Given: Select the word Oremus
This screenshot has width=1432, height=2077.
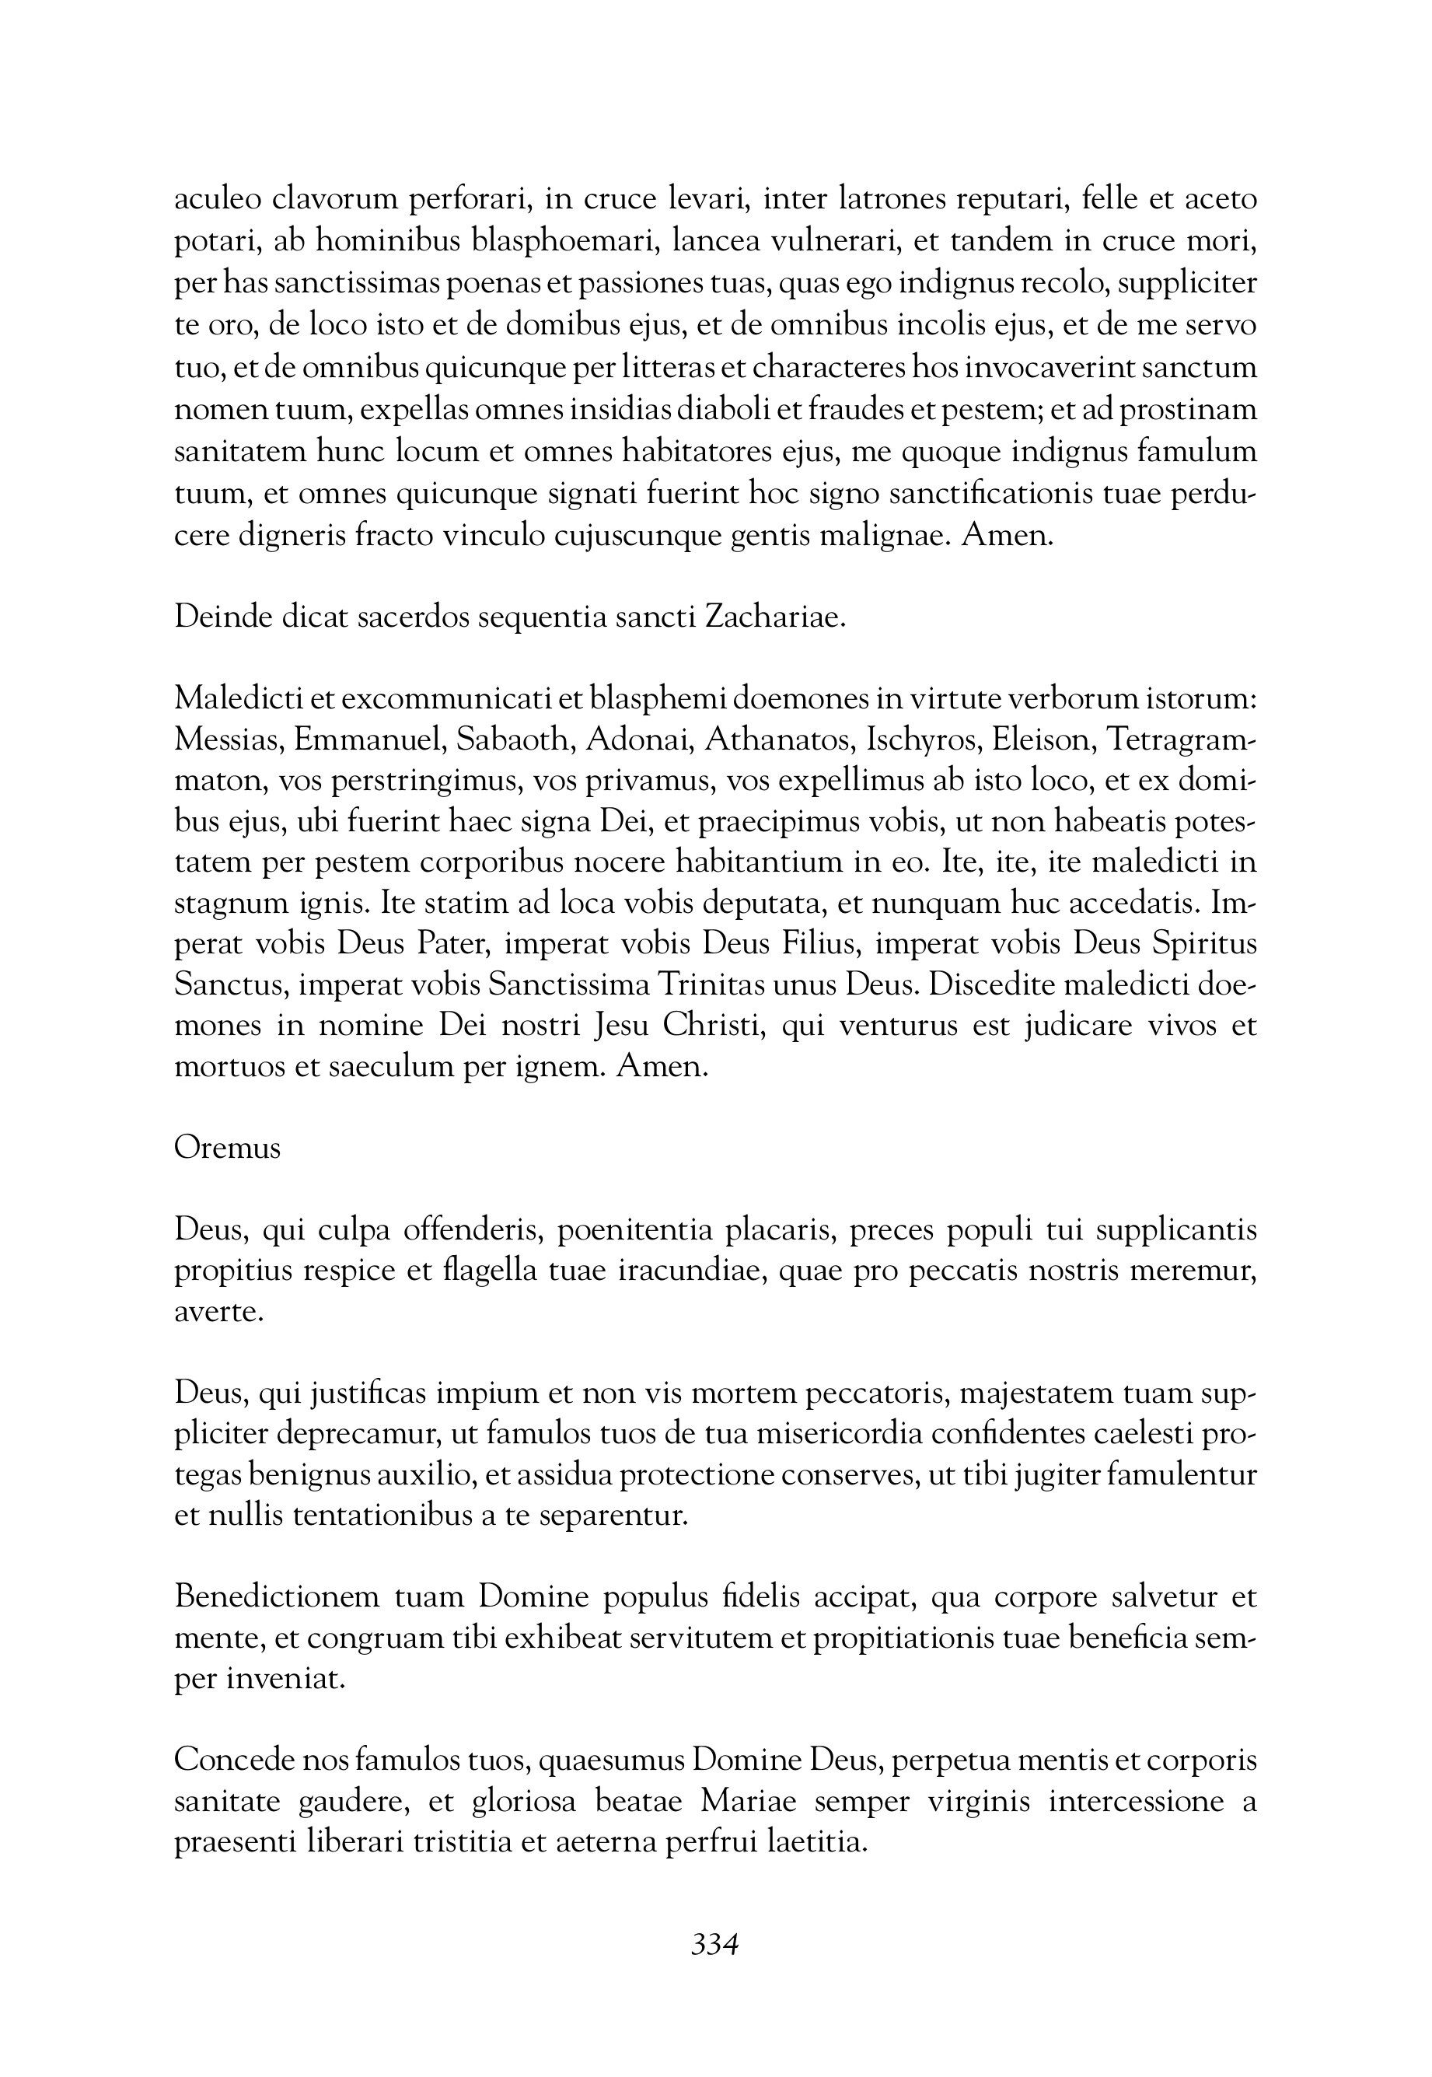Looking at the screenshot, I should pyautogui.click(x=227, y=1149).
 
